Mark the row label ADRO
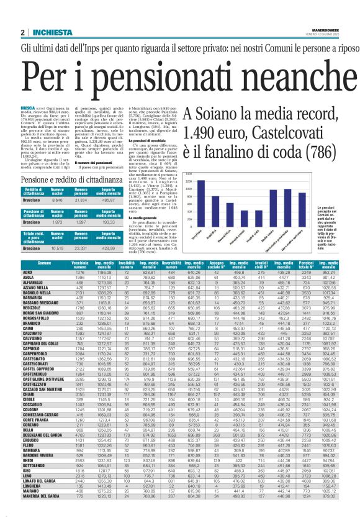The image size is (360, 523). [x=27, y=273]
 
